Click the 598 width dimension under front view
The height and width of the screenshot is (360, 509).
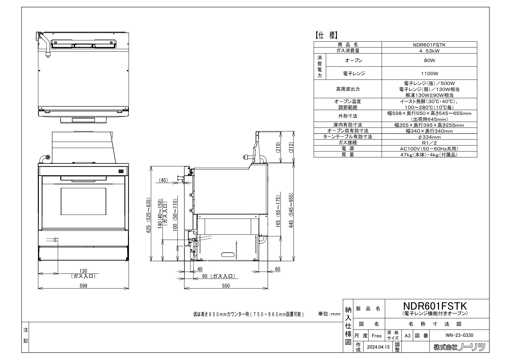[83, 286]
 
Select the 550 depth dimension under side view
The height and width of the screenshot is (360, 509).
[226, 286]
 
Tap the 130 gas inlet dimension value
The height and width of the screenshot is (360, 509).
[83, 271]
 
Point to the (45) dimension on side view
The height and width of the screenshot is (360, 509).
[164, 180]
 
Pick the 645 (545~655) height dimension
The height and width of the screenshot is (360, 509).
[291, 210]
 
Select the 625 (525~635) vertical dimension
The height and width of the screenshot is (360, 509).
[148, 215]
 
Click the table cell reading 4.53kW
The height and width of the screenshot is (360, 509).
[429, 51]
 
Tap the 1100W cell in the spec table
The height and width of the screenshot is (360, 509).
[429, 73]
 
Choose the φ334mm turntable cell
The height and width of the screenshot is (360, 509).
[429, 137]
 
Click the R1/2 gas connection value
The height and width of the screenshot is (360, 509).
[429, 143]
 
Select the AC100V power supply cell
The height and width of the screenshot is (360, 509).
[429, 149]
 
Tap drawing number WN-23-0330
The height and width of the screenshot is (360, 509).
[459, 335]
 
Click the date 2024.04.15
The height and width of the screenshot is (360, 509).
[378, 347]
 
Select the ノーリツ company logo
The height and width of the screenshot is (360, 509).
[459, 347]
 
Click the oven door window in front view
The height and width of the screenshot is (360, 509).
[83, 201]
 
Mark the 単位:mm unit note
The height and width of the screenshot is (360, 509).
[329, 314]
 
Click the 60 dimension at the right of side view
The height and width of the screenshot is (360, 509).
[277, 269]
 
